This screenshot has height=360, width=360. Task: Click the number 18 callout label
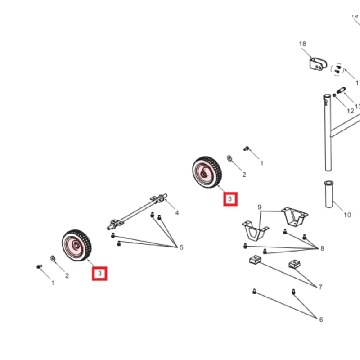tap(302, 44)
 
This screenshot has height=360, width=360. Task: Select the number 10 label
tap(347, 215)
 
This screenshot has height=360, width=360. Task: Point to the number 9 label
tap(259, 207)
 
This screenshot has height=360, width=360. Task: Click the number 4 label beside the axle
tap(177, 212)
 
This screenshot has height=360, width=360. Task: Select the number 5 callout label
tap(181, 247)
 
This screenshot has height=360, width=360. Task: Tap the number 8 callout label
tap(322, 248)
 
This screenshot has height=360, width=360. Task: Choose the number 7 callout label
tap(320, 287)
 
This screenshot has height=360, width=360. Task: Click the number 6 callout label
tap(321, 319)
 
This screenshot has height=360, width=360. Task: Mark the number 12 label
tap(350, 111)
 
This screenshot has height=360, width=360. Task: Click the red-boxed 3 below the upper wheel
tap(230, 199)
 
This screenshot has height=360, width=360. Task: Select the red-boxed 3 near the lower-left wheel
tap(99, 273)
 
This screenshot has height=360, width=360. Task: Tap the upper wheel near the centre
tap(206, 171)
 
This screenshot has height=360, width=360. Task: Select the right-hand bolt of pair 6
tap(293, 292)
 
